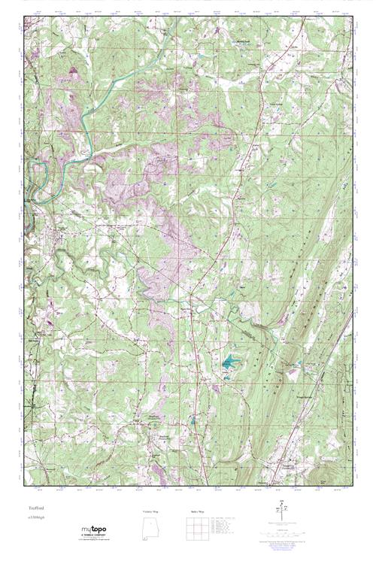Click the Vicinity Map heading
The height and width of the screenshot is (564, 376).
(x=150, y=511)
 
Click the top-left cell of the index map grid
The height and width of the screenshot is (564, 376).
(x=187, y=523)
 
